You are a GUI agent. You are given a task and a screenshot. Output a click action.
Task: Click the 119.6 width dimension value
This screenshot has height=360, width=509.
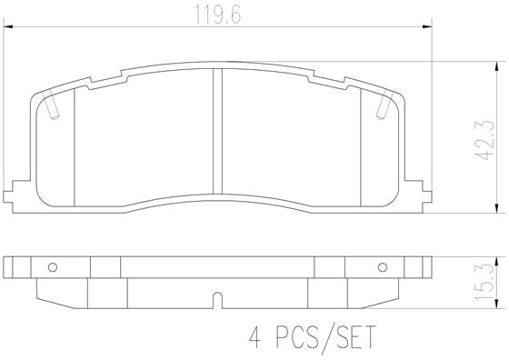[217, 15]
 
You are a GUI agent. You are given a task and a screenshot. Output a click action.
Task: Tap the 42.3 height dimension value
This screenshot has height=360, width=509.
[485, 140]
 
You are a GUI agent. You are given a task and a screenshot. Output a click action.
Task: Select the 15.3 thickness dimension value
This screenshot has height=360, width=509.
[485, 283]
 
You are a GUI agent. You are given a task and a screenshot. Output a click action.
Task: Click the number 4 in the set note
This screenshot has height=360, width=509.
[255, 337]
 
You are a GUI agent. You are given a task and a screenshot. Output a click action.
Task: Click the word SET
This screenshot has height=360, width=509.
[355, 337]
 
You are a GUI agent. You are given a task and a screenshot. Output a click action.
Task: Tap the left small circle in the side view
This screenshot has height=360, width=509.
[53, 267]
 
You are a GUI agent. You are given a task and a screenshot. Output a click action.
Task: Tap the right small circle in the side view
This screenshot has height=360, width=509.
[383, 267]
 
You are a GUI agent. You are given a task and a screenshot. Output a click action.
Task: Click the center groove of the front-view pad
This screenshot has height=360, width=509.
[217, 132]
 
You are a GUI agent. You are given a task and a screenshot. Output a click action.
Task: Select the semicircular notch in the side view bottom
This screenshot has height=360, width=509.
[217, 300]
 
